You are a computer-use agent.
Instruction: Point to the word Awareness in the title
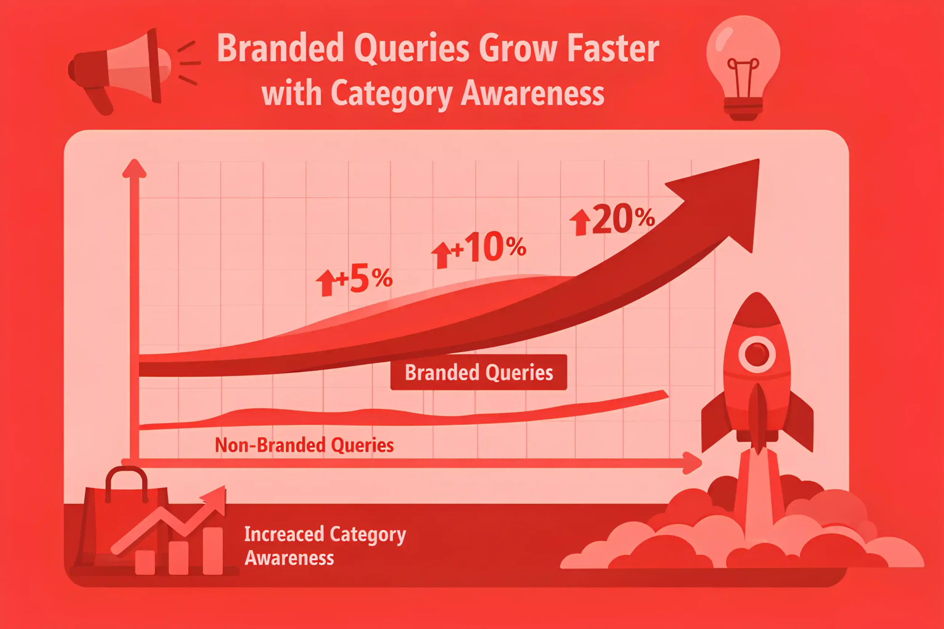(532, 93)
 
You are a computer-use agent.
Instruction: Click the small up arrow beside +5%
(326, 282)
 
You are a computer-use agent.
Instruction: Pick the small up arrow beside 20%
(580, 222)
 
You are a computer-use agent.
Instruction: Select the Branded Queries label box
(479, 372)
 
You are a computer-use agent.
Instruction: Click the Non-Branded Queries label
(304, 445)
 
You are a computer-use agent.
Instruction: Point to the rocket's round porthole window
(757, 354)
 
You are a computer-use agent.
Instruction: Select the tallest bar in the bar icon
(213, 551)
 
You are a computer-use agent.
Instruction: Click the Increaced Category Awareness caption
(325, 546)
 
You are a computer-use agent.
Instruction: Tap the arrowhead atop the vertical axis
(134, 168)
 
